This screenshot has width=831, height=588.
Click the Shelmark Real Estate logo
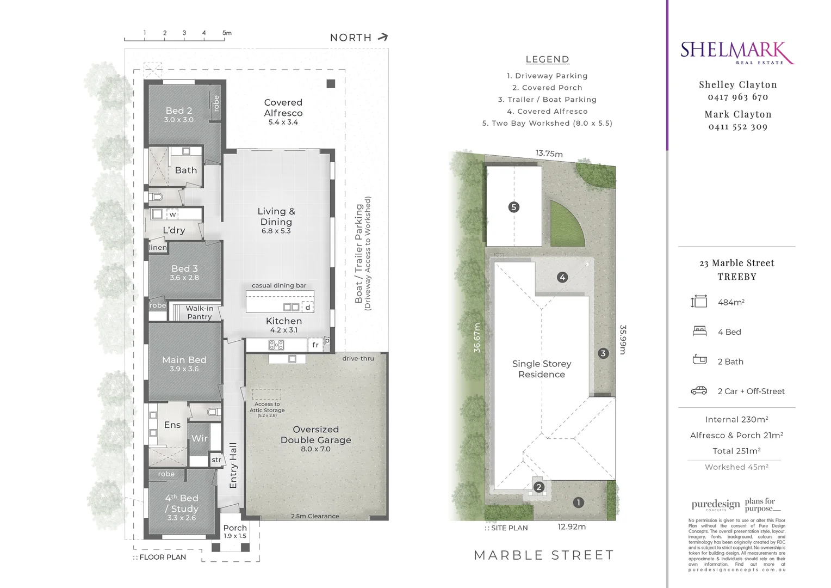tap(737, 53)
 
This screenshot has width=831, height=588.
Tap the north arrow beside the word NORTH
tap(383, 37)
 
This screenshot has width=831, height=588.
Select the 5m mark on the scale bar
tap(227, 33)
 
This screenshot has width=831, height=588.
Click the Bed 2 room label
tap(179, 111)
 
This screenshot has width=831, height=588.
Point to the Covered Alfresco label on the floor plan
tap(283, 108)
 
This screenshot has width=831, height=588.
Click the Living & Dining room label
tap(276, 217)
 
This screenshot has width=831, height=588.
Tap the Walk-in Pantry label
tap(200, 313)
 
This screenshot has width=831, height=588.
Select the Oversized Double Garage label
tap(315, 435)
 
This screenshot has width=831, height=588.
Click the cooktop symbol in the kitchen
tap(276, 345)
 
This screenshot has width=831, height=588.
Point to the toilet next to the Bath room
tap(157, 197)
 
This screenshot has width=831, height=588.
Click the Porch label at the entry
tap(235, 528)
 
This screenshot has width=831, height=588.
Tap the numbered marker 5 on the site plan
tap(513, 207)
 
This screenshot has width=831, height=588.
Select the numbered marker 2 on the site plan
tap(538, 487)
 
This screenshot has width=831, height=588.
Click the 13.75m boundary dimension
tap(549, 154)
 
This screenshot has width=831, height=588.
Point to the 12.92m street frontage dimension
tap(572, 526)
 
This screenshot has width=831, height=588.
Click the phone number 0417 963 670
tap(737, 97)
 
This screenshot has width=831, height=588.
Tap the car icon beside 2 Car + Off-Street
tap(699, 391)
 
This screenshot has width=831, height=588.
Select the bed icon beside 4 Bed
tap(699, 331)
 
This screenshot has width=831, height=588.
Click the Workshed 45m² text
tap(736, 467)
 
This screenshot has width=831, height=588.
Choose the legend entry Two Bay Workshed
tap(547, 123)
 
